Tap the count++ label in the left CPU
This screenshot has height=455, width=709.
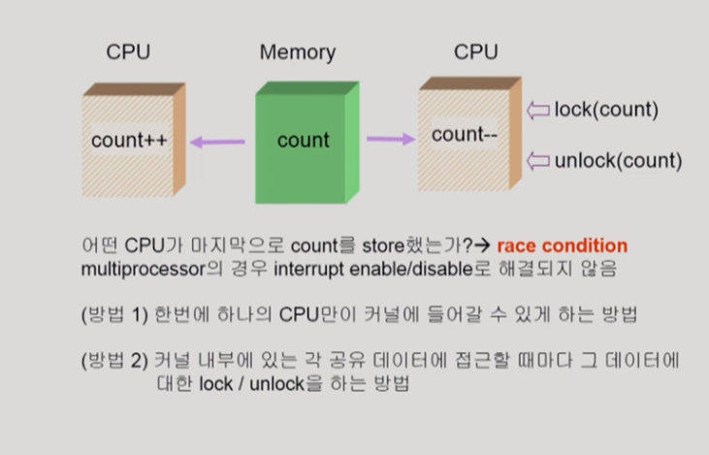[130, 141]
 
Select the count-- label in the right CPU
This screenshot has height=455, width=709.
[464, 135]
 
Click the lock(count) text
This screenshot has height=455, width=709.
[606, 109]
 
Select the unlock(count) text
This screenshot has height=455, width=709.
[618, 160]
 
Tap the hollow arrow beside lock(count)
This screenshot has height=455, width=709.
[537, 109]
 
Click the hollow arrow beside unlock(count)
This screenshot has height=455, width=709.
[537, 160]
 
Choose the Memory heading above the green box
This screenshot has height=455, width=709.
[297, 52]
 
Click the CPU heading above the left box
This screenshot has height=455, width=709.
[128, 52]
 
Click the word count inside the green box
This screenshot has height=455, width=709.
[303, 142]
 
